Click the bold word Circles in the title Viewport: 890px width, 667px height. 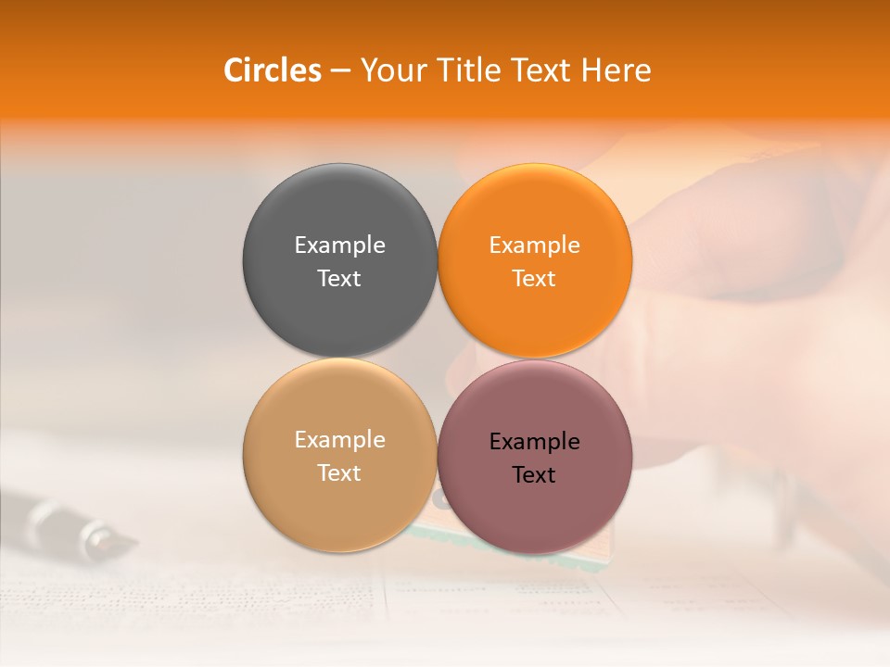272,70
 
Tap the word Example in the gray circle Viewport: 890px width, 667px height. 339,245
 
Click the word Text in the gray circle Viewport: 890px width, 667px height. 339,279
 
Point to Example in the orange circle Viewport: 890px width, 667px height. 535,245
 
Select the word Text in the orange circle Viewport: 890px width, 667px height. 535,279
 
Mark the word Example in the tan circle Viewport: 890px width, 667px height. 339,440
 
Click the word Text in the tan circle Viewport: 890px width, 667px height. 339,473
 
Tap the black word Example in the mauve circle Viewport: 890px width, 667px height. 535,442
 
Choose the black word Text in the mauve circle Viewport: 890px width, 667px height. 535,475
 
